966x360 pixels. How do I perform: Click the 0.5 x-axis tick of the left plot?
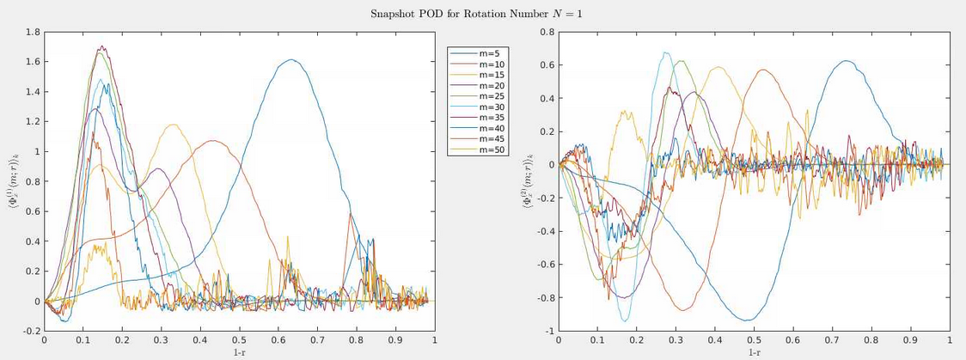(x=239, y=340)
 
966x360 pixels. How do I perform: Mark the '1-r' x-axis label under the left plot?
(x=239, y=351)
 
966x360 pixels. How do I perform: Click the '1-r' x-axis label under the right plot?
(x=754, y=351)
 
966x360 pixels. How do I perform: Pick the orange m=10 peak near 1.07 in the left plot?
(x=212, y=141)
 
